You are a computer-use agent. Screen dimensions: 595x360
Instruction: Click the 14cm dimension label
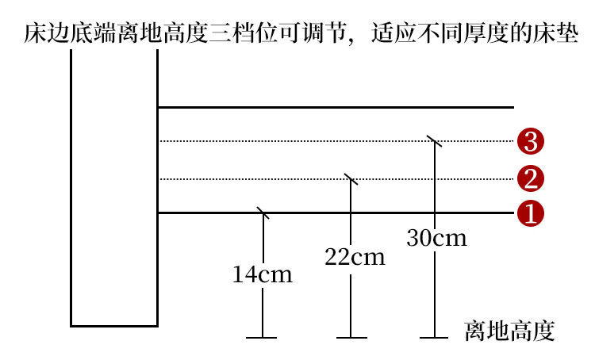(x=263, y=275)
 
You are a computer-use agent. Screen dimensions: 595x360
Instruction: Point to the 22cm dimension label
(x=355, y=257)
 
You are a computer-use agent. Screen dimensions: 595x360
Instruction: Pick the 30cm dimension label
(x=436, y=237)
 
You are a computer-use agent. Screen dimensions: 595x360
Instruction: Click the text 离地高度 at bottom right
(x=508, y=331)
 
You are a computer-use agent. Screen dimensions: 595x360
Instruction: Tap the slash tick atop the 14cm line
(x=263, y=213)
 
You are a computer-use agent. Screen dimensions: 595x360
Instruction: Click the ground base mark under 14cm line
(x=262, y=338)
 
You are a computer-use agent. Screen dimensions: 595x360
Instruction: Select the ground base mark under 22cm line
(x=351, y=338)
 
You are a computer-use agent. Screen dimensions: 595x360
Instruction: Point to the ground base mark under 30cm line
(x=434, y=338)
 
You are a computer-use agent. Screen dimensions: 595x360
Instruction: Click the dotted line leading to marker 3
(x=301, y=141)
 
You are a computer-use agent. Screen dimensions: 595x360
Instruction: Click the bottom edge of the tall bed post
(x=114, y=325)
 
